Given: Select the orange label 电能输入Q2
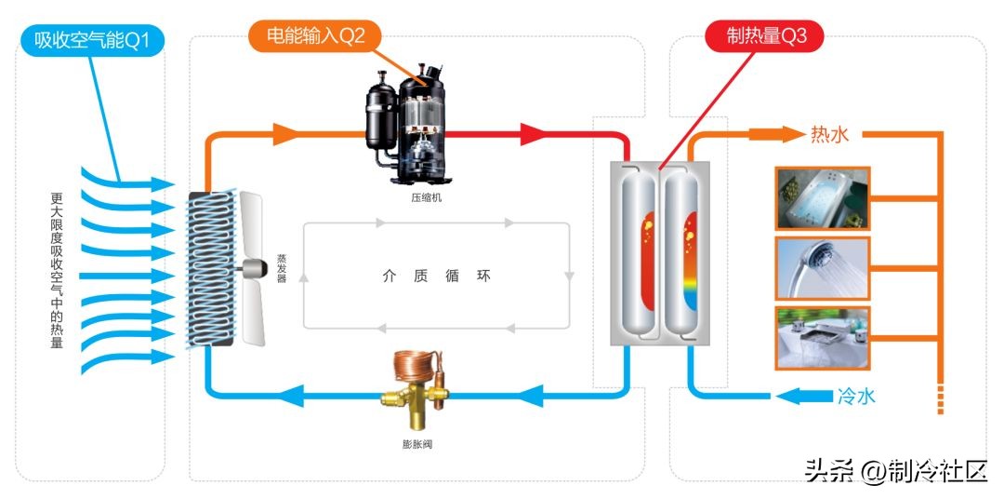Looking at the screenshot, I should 315,36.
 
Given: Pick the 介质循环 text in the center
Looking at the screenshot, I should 436,276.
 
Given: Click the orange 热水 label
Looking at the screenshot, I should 829,135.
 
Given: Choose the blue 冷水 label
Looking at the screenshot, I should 855,396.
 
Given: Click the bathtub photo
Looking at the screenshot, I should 822,198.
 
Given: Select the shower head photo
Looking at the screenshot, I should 822,268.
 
